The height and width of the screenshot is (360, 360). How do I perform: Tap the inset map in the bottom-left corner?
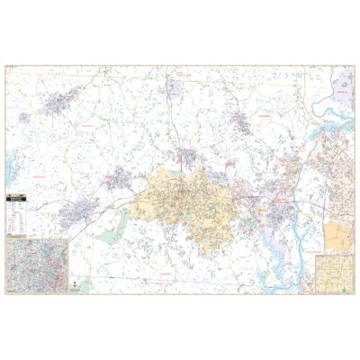point(38,260)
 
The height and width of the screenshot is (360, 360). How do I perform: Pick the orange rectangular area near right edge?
point(337,236)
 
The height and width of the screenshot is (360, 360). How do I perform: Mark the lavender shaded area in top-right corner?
point(343,85)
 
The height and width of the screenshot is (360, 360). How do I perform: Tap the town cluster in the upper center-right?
point(240,121)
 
